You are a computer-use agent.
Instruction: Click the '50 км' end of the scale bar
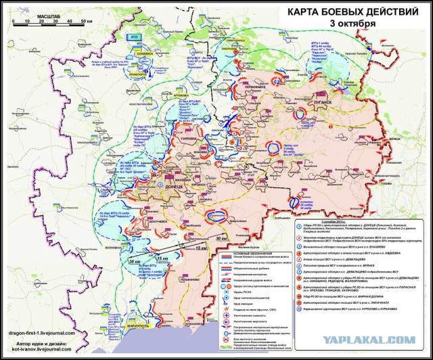tap(85, 22)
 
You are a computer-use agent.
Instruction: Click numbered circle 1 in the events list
tap(298, 223)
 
